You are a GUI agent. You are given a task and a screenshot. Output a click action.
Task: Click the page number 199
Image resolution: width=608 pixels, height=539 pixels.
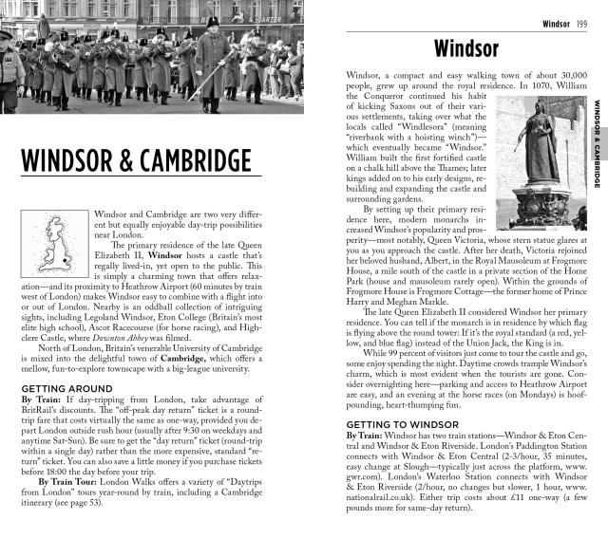(581, 24)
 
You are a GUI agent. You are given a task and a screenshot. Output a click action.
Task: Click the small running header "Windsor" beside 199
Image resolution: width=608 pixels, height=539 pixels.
(556, 24)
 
